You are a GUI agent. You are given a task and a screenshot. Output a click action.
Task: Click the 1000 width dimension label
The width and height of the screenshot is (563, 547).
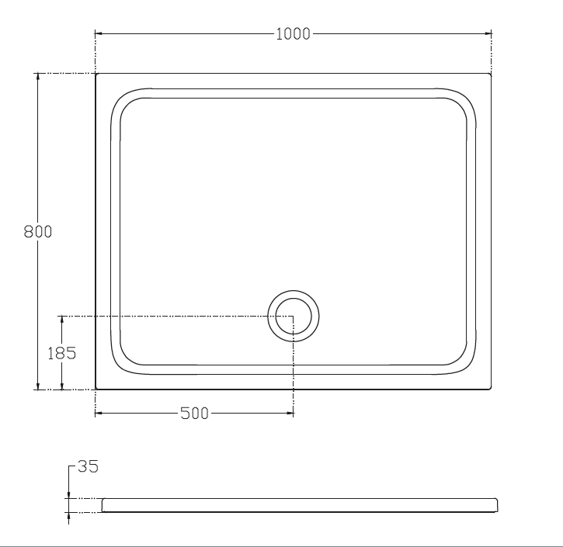tap(293, 33)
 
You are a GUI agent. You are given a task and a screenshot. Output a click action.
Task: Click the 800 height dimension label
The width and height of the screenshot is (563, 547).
tap(38, 231)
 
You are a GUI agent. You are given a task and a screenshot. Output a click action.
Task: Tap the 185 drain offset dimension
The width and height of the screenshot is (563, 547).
tap(62, 353)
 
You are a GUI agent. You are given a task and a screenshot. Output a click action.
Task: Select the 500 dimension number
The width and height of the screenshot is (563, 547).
tap(194, 414)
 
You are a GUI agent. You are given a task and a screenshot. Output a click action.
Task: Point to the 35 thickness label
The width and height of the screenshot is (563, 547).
tap(88, 466)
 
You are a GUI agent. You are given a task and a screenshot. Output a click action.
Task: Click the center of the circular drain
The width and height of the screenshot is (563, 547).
tap(294, 316)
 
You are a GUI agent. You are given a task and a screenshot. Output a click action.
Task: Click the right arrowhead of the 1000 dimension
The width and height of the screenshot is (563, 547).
tap(488, 33)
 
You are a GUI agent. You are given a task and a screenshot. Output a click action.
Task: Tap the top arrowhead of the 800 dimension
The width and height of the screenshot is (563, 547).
tap(38, 77)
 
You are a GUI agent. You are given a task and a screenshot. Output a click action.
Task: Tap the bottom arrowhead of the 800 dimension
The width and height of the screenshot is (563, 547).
tap(38, 386)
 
